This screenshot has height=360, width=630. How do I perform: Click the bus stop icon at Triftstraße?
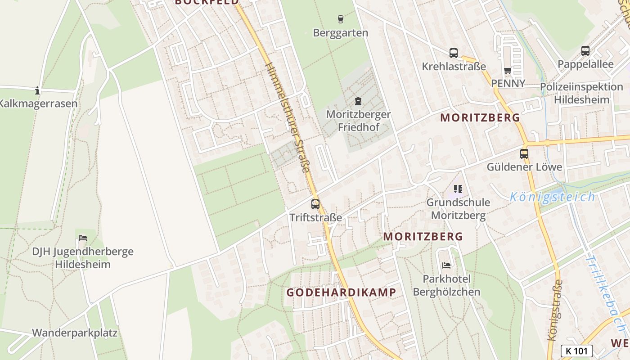click(x=315, y=204)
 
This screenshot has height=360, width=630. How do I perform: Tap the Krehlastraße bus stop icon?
click(x=454, y=53)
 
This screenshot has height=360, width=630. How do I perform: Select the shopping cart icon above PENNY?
click(x=508, y=70)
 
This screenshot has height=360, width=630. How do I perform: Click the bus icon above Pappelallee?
click(x=585, y=51)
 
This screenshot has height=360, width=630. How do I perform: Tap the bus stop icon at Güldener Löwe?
click(x=524, y=154)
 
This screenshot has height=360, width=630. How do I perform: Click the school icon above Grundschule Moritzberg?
click(x=458, y=189)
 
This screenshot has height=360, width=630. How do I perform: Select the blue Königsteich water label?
click(x=553, y=197)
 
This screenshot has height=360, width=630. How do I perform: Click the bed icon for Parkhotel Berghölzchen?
click(x=446, y=265)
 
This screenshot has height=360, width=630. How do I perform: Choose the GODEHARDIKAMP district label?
click(x=342, y=292)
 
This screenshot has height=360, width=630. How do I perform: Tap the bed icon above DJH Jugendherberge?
click(x=83, y=238)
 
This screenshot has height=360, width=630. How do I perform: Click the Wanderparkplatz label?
click(x=75, y=333)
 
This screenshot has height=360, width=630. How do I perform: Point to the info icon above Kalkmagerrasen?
click(x=37, y=91)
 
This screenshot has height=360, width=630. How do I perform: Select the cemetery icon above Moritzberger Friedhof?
click(x=358, y=101)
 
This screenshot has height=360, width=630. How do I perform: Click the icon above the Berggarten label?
click(x=341, y=19)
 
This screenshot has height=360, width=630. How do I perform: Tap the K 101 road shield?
click(x=576, y=351)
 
